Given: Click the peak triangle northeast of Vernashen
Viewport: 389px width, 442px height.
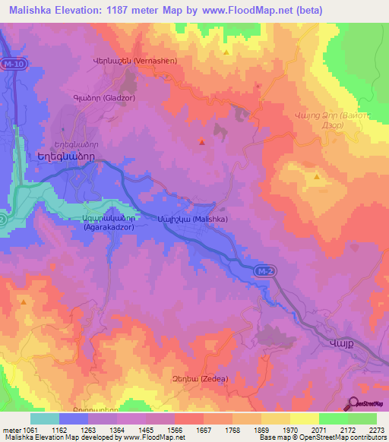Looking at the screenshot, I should pyautogui.click(x=227, y=52).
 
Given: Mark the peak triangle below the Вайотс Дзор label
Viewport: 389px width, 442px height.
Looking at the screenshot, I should pyautogui.click(x=316, y=176).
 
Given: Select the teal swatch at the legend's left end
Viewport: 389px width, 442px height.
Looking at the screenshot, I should pyautogui.click(x=45, y=418).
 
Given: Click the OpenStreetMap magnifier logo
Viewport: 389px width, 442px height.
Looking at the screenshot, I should pyautogui.click(x=353, y=405).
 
